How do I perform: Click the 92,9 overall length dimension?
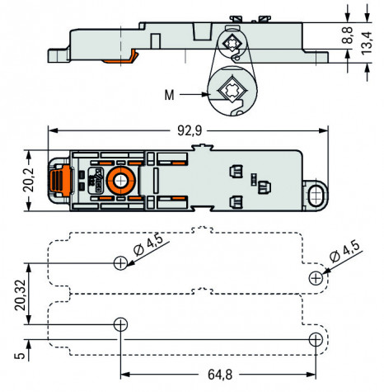[x=190, y=130]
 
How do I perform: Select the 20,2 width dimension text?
[x=28, y=180]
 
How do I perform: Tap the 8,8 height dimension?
[x=348, y=35]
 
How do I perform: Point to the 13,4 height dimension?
[x=367, y=44]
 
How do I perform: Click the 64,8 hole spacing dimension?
[x=220, y=375]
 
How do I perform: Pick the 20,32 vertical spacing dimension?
[x=21, y=295]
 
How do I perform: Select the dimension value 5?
[x=20, y=356]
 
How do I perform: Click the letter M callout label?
[x=169, y=95]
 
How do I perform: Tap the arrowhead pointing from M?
[x=205, y=94]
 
